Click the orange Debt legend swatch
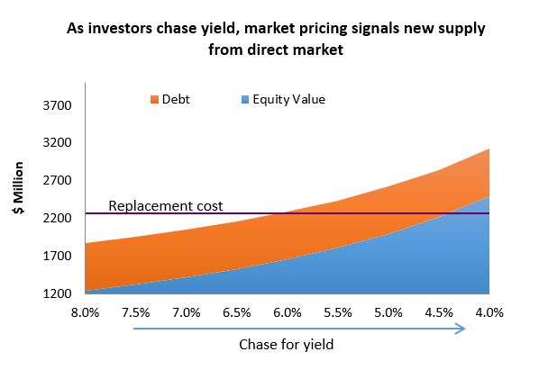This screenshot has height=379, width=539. click(x=153, y=99)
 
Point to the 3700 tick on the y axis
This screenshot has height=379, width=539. click(x=57, y=105)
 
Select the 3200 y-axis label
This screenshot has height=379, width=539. click(x=57, y=143)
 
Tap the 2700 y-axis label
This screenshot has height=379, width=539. click(x=57, y=180)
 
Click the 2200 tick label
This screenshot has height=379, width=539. click(x=57, y=218)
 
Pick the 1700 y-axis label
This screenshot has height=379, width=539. click(x=57, y=256)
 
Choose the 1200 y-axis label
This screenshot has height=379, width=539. click(x=57, y=293)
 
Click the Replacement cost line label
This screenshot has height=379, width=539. click(x=165, y=205)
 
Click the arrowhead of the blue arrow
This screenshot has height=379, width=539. click(x=461, y=329)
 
